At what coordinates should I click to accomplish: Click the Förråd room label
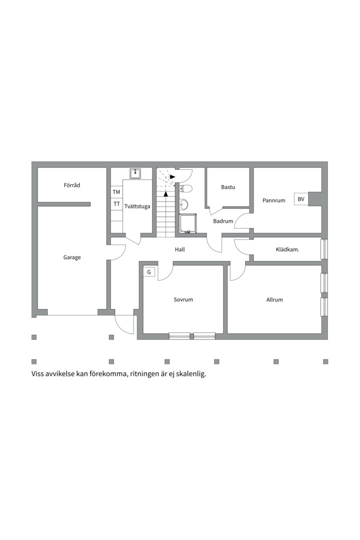71,185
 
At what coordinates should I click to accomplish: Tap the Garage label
72,257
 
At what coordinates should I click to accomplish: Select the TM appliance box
116,192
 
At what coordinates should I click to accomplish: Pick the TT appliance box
116,204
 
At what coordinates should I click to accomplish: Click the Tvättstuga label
137,206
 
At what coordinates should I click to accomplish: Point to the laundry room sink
135,173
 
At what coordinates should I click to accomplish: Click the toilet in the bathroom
185,188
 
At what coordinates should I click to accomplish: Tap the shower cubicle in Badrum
188,223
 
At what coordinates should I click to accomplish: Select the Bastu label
228,187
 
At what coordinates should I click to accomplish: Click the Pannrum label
274,200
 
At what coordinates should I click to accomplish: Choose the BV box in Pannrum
301,199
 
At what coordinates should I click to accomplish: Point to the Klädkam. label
287,249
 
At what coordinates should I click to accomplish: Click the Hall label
180,249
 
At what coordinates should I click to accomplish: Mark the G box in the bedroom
149,271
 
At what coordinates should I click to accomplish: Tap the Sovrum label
183,299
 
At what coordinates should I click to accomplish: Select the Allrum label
274,299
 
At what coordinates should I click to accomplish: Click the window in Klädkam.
324,249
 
